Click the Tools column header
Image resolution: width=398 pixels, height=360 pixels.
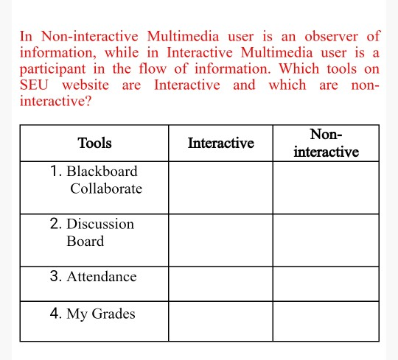(94, 143)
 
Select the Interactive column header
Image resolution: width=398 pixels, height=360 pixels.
(220, 143)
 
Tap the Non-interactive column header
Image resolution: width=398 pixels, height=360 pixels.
(326, 144)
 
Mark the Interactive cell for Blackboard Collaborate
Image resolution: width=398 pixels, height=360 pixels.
(220, 187)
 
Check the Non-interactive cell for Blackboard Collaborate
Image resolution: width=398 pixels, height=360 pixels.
(326, 187)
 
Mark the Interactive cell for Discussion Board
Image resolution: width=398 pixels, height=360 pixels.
(220, 240)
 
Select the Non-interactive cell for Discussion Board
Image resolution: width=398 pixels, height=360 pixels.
(326, 240)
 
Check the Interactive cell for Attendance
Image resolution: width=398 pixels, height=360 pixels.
(220, 283)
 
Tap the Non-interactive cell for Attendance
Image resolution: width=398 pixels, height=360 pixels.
(326, 283)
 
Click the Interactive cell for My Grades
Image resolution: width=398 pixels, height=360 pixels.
(220, 321)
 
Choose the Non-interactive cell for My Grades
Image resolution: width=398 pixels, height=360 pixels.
(326, 321)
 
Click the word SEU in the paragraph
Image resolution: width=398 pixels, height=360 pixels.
(34, 85)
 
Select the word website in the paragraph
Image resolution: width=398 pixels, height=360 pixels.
(85, 85)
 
